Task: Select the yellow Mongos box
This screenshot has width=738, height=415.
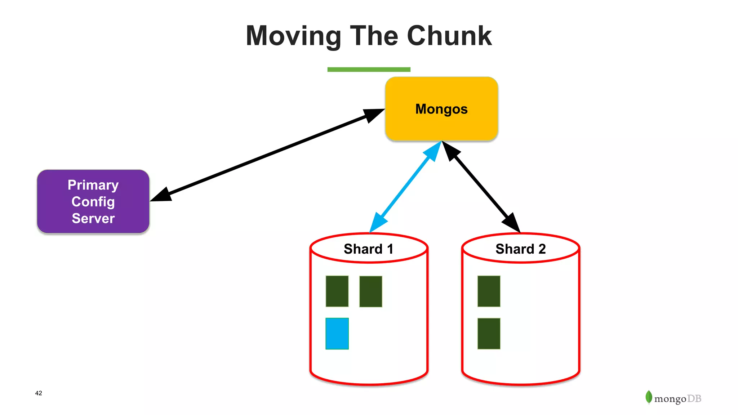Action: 441,109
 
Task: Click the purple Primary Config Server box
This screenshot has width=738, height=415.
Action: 93,201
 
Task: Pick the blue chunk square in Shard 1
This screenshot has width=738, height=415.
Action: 337,334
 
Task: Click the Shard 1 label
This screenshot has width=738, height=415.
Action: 368,249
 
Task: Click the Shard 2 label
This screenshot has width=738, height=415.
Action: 520,249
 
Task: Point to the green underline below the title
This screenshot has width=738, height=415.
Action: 369,70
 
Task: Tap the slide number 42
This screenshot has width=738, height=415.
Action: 39,393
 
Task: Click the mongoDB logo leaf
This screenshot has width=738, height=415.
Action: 649,397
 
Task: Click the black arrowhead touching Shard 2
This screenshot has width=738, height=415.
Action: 512,222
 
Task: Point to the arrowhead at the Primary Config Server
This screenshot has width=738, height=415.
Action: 160,196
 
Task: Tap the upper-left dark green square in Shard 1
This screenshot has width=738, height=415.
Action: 337,291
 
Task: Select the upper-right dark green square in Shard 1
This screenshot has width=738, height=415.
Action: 370,291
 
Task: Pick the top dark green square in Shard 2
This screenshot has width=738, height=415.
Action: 489,291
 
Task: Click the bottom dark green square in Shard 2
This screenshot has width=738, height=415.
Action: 489,334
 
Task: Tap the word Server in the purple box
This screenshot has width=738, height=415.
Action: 93,218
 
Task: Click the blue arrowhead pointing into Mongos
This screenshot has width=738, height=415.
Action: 433,151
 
